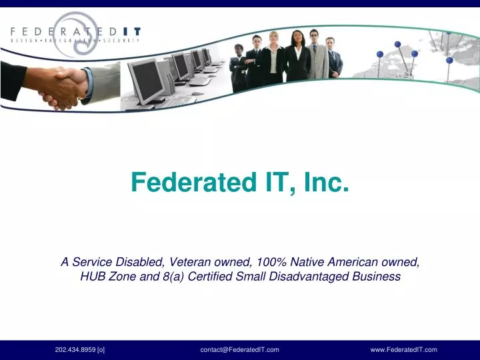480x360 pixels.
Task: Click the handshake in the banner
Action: pos(63,87)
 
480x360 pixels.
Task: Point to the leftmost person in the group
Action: pos(239,67)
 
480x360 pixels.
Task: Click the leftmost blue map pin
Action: pos(380,55)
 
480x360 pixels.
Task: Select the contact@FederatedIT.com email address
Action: pos(239,349)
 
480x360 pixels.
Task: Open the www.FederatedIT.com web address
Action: pos(403,349)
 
